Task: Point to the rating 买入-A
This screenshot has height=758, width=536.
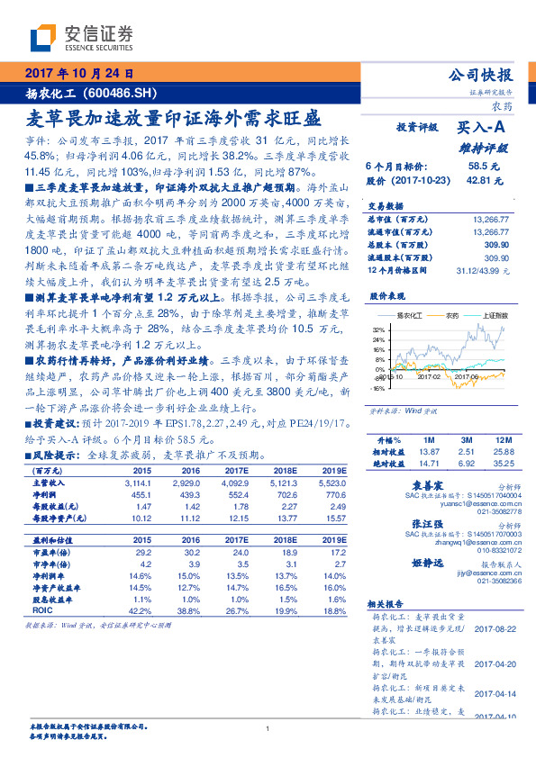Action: (481, 130)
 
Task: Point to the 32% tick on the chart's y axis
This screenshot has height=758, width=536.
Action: (377, 330)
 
